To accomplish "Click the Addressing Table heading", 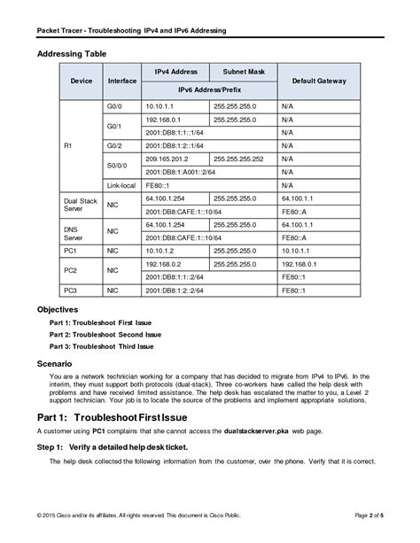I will [72, 54].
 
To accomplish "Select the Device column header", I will [82, 81].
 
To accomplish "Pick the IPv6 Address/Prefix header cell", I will [208, 89].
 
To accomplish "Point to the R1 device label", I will [70, 145].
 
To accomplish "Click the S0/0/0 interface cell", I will [117, 165].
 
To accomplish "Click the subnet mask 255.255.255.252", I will [238, 159].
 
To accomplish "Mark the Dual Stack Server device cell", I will [80, 206].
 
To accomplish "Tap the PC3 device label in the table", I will [72, 290].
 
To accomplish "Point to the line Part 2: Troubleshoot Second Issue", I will [105, 334].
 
